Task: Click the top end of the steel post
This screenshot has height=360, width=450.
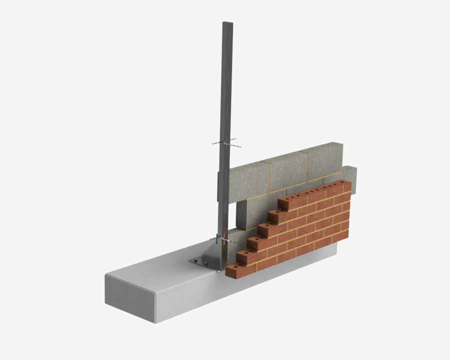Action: tap(227, 23)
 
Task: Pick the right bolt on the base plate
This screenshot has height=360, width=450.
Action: tap(219, 270)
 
